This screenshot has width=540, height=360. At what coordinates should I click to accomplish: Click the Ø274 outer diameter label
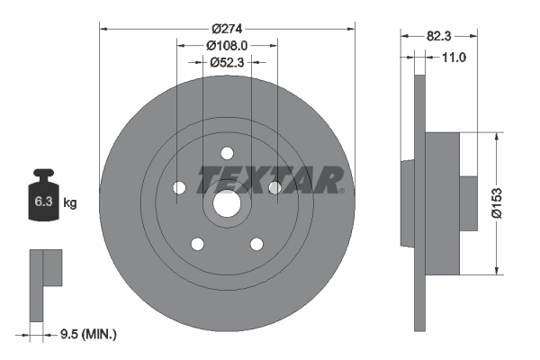(227, 29)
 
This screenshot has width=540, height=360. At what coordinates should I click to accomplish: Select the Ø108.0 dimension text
(227, 46)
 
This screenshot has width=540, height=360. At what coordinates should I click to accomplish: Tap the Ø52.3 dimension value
(227, 62)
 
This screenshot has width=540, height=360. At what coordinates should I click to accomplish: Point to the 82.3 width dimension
(439, 36)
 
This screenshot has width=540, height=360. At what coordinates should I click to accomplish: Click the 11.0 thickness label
(454, 58)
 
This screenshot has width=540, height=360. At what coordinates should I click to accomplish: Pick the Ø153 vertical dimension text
(497, 203)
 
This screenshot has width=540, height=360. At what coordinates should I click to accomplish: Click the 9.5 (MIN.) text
(88, 334)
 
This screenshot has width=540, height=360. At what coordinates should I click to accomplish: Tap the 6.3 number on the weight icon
(43, 202)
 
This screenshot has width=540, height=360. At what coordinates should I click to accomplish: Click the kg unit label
(70, 202)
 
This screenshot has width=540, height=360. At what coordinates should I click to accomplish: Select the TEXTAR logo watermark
(270, 180)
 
